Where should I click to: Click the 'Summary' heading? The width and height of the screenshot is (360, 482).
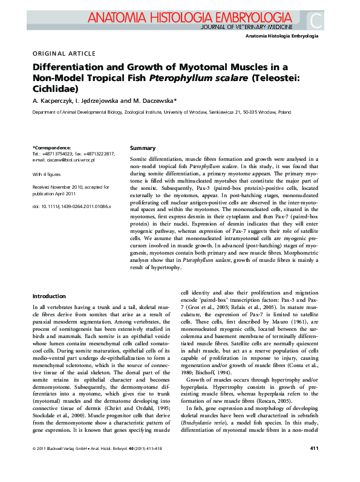(x=143, y=148)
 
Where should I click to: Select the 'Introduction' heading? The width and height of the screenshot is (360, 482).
(x=49, y=296)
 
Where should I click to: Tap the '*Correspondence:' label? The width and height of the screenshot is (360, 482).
(x=51, y=148)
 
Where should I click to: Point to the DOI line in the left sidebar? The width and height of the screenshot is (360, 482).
(x=67, y=207)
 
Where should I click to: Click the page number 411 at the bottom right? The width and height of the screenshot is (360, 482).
(x=314, y=465)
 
